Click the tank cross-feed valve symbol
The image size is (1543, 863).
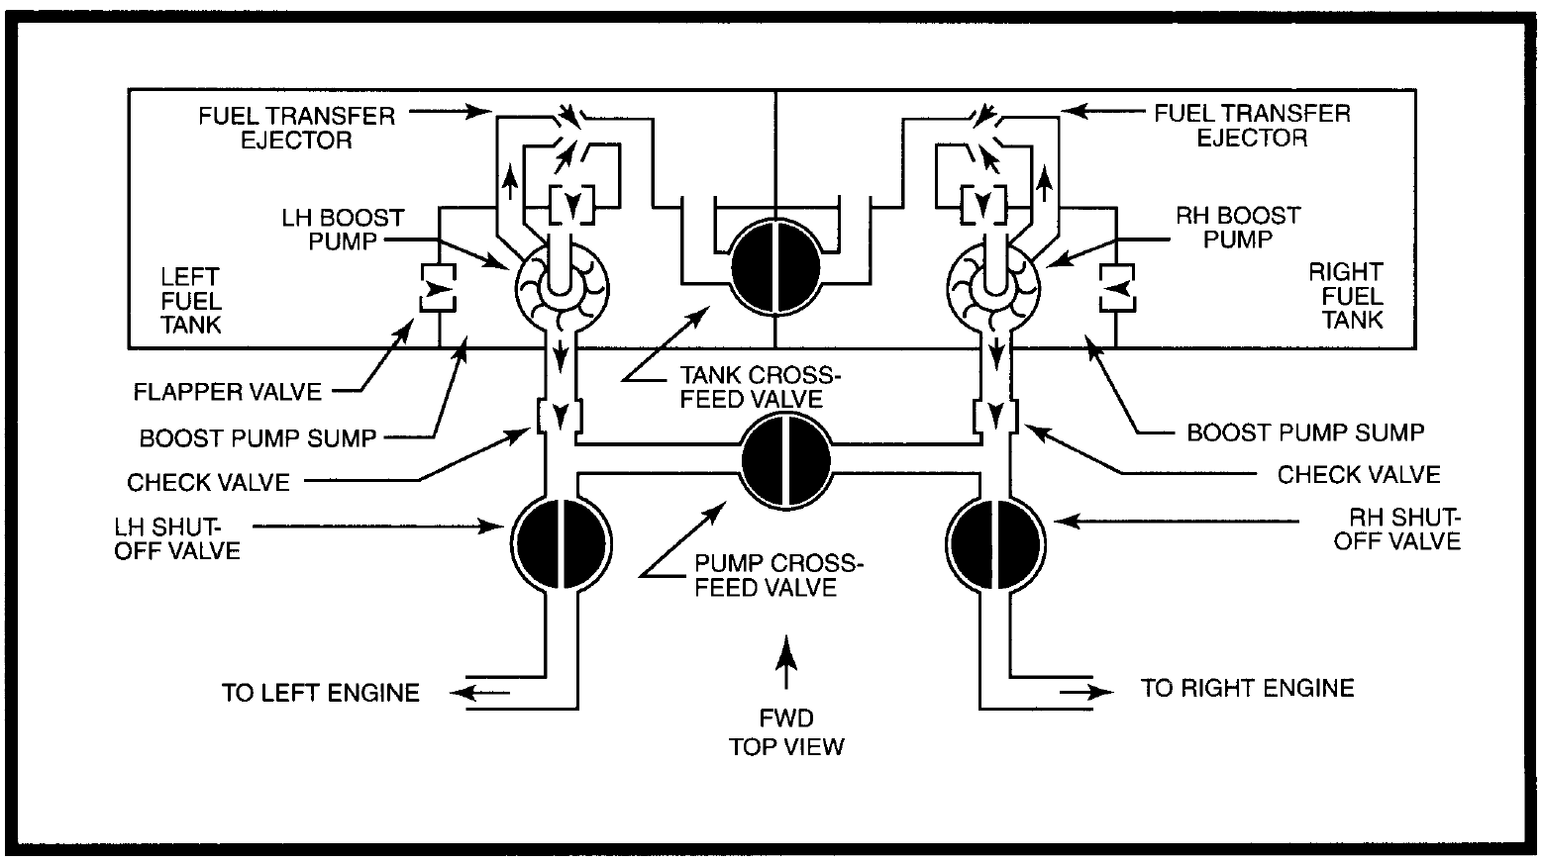[775, 268]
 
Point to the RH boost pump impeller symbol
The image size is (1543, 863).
[994, 289]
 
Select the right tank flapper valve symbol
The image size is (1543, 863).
[1117, 288]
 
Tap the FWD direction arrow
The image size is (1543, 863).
[786, 662]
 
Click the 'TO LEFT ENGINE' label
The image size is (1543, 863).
[320, 693]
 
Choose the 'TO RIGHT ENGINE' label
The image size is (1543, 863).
[1247, 688]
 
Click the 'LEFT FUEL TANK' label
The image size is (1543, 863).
[190, 301]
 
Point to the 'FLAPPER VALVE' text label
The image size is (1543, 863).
[228, 392]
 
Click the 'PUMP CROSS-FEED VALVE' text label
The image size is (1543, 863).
[777, 576]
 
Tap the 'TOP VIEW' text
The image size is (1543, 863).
[786, 746]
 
